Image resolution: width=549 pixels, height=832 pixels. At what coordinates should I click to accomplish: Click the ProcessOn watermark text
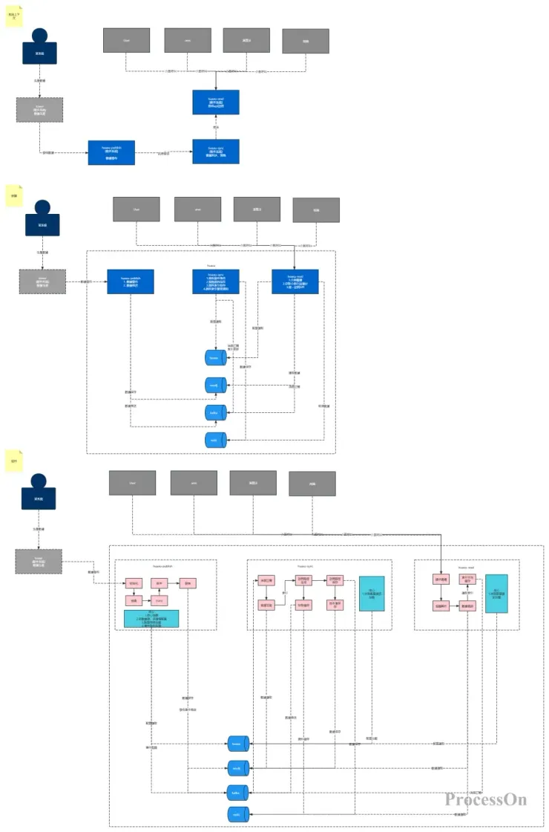(486, 799)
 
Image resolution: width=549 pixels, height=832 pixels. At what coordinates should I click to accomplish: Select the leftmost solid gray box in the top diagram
(126, 40)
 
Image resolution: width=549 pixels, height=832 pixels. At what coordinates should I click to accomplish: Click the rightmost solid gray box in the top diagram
(305, 42)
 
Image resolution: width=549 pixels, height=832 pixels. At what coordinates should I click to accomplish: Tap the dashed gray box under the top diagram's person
(39, 109)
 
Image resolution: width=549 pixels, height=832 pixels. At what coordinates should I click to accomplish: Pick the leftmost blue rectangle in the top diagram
(111, 152)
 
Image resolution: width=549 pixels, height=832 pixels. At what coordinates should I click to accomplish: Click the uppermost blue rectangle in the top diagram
(216, 103)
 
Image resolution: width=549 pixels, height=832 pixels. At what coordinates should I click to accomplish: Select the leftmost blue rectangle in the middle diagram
(131, 282)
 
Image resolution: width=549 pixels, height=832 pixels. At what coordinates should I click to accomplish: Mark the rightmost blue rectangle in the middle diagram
(295, 282)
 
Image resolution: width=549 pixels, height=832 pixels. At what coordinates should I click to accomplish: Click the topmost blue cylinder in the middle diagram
(215, 357)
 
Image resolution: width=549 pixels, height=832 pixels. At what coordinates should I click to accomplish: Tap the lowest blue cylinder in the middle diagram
(215, 440)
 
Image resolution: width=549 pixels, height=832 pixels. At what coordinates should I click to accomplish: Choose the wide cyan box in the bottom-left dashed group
(151, 618)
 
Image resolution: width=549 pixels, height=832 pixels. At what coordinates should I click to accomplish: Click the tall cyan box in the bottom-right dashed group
(496, 594)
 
